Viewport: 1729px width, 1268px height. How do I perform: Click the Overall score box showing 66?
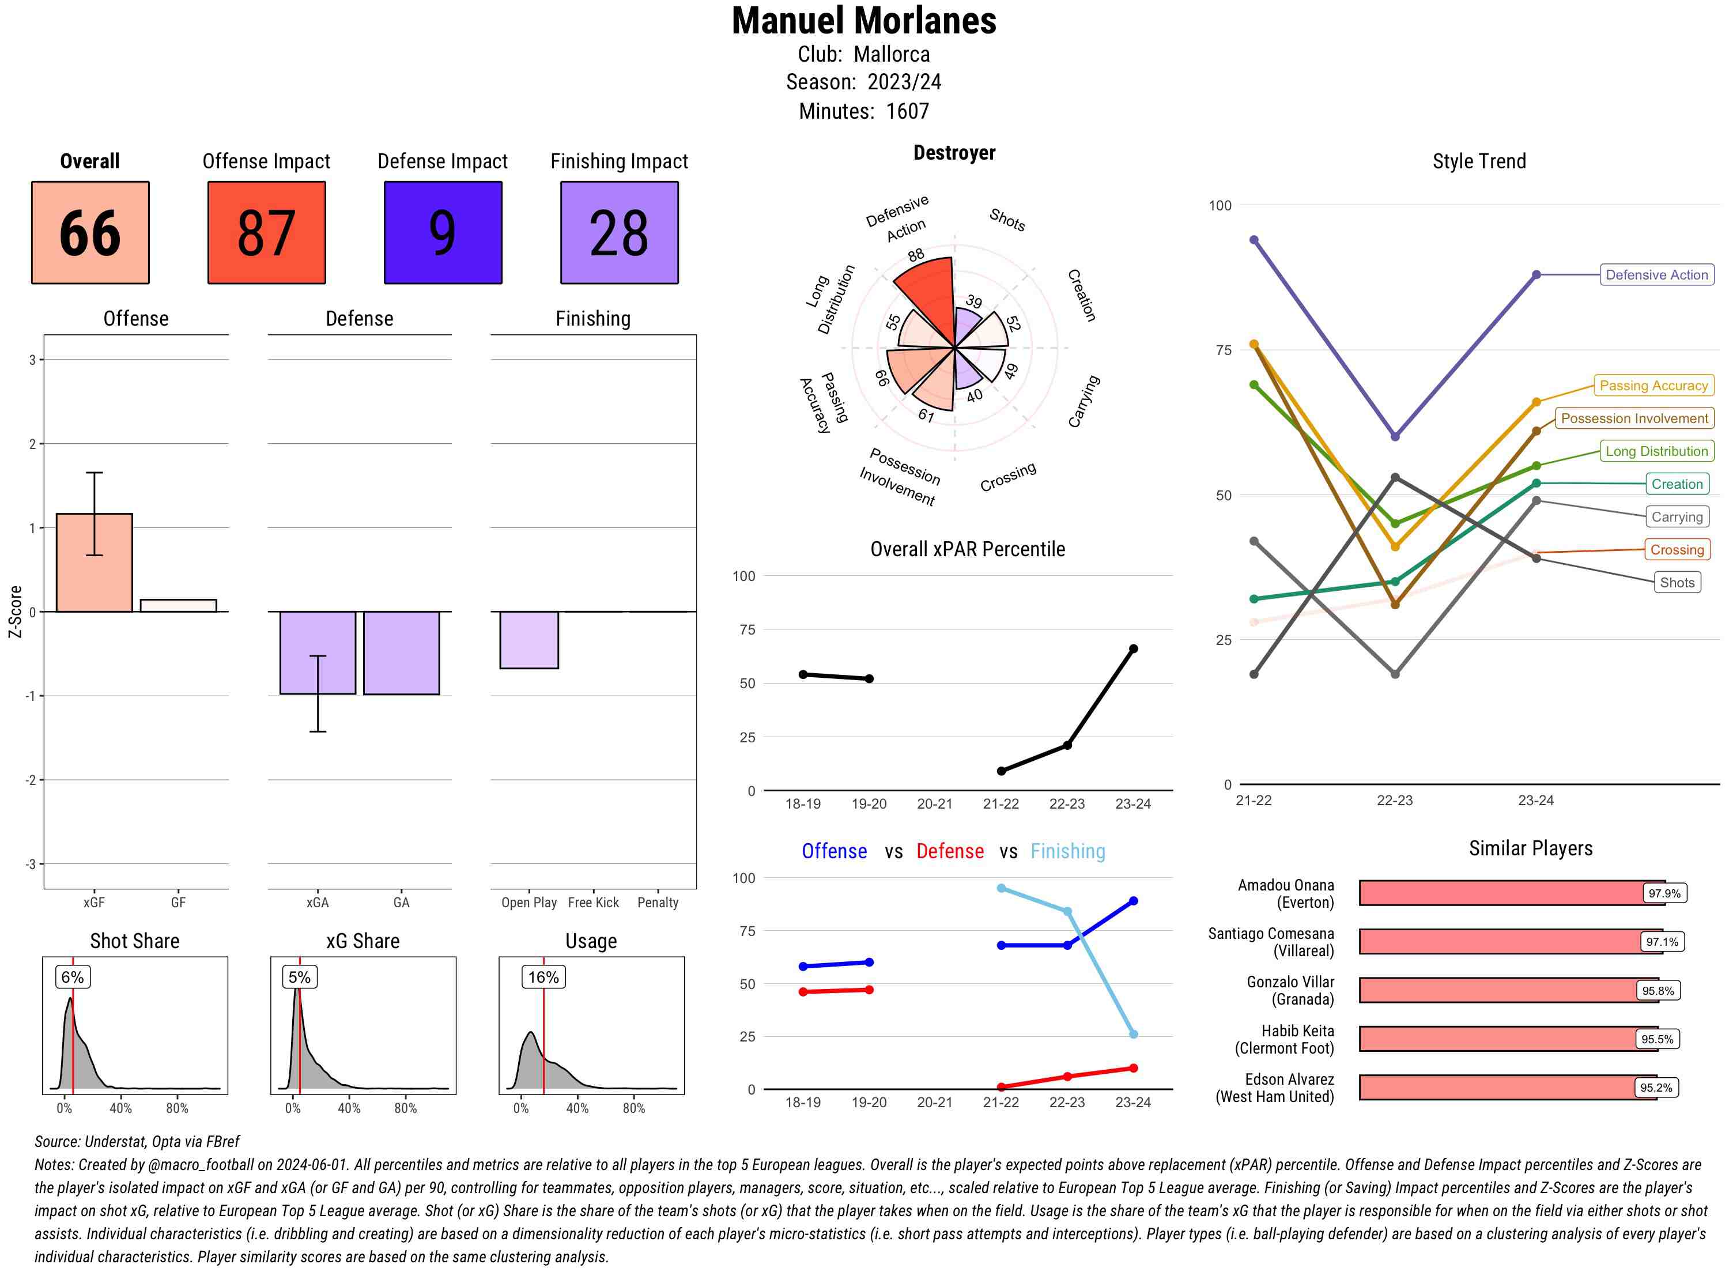coord(90,233)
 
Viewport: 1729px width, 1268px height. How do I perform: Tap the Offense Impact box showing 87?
coord(266,233)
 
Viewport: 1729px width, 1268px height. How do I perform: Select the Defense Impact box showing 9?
coord(443,233)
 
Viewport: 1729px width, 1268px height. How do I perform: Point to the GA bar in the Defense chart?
coord(401,652)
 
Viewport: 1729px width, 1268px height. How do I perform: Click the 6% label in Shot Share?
coord(72,977)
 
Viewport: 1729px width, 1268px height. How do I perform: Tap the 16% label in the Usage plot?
coord(543,977)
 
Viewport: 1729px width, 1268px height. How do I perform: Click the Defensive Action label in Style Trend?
coord(1656,275)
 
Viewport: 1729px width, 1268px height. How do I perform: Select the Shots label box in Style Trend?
coord(1677,583)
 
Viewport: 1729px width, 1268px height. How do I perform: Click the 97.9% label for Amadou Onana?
coord(1664,893)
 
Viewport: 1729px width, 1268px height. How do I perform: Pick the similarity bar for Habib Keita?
coord(1497,1039)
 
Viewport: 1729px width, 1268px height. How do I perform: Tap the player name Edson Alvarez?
coord(1289,1080)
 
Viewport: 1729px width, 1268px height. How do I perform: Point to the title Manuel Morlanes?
coord(864,21)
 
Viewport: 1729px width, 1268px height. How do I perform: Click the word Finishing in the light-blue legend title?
coord(1067,851)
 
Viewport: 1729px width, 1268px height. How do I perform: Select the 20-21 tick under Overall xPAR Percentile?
coord(935,803)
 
